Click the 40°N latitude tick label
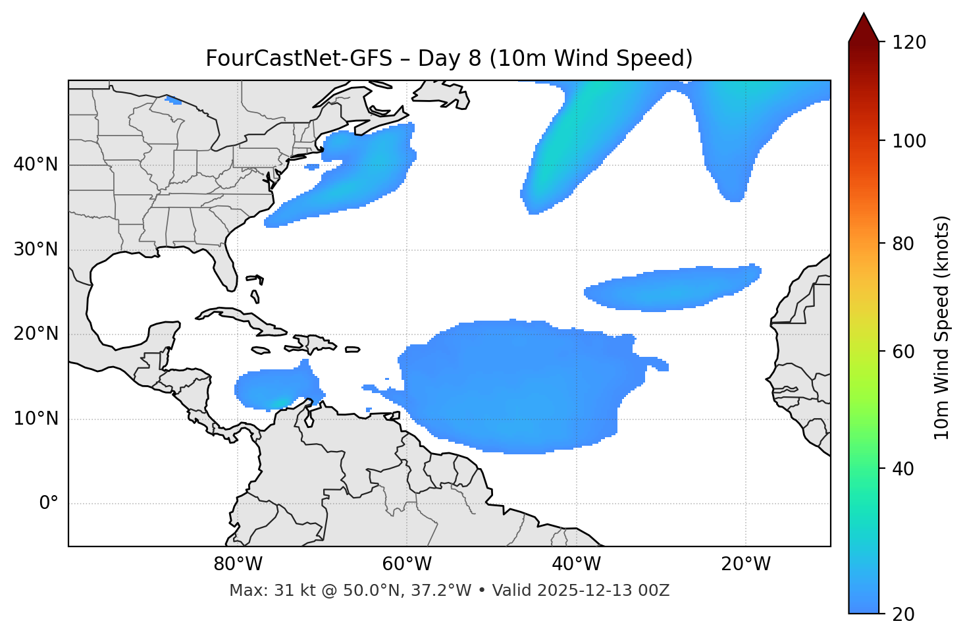[36, 165]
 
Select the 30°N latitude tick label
[36, 250]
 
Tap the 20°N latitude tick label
[36, 334]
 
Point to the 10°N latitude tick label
[36, 419]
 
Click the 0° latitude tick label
[49, 504]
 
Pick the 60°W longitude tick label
[406, 564]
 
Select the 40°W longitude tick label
[576, 564]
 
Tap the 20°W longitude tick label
[745, 564]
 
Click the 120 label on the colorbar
[910, 43]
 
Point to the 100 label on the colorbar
[910, 141]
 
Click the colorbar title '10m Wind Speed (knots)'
[942, 327]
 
